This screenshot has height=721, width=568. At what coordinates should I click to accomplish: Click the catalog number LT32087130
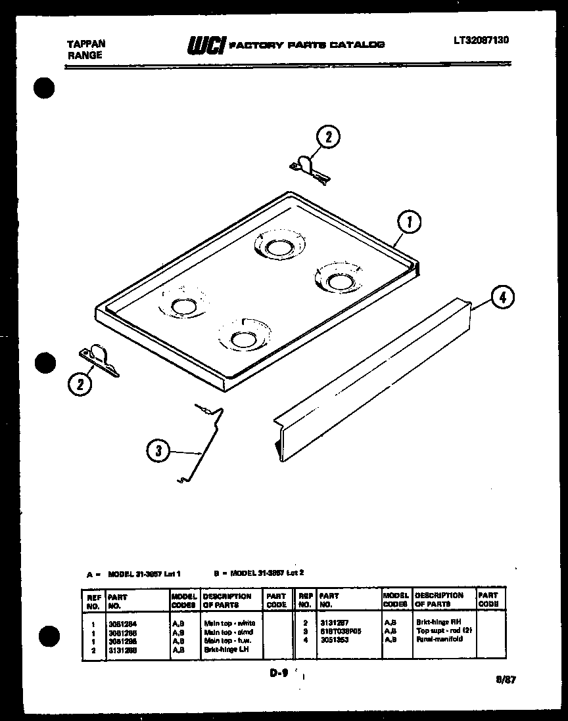pos(481,41)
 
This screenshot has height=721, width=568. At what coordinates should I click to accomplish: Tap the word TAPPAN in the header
pos(87,44)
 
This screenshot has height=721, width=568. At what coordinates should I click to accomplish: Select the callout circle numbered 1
pos(410,223)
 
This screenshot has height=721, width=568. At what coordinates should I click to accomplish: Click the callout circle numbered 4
pos(502,297)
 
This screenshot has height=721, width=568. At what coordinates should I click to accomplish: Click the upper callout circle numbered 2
pos(329,137)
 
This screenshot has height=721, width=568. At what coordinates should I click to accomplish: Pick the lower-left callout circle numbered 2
pos(80,385)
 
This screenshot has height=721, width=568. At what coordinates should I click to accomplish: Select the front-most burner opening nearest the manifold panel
pos(242,339)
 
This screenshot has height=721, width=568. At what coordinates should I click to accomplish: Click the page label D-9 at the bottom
pos(279,673)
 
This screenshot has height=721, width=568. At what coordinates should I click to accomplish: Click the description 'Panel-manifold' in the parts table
pos(439,638)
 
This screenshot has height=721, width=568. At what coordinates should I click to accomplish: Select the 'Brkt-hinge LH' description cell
pos(225,649)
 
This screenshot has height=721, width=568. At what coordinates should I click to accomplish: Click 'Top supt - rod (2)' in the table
pos(444,630)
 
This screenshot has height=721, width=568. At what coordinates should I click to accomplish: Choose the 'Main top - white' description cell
pos(229,623)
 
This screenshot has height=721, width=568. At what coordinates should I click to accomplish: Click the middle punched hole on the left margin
pos(44,362)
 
